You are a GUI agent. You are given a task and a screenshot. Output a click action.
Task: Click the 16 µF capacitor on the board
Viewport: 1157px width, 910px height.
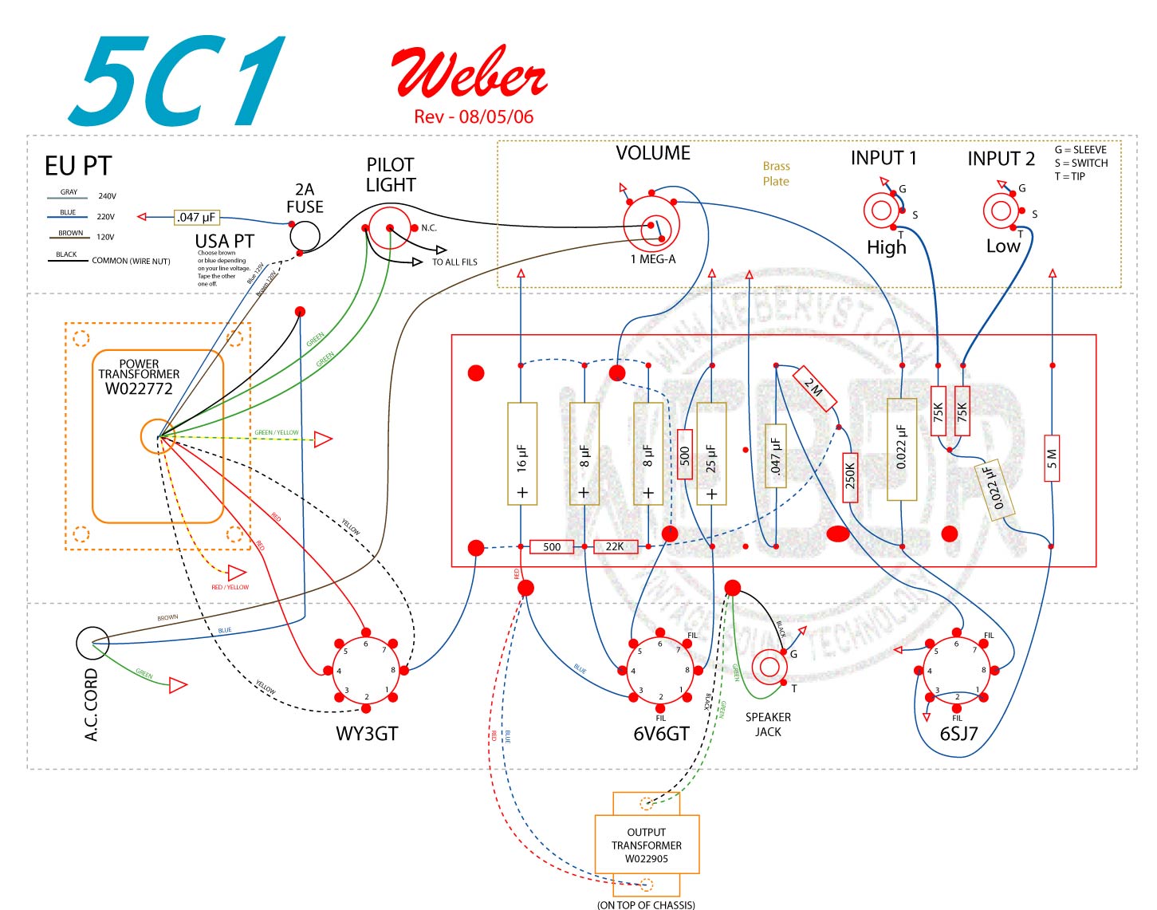522,454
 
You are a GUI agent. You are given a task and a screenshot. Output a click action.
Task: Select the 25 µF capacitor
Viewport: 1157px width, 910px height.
711,454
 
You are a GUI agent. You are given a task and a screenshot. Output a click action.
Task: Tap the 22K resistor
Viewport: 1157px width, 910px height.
615,547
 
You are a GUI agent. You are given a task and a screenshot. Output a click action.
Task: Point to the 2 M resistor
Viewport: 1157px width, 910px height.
813,388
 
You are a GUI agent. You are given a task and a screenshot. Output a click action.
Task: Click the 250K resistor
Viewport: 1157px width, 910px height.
850,477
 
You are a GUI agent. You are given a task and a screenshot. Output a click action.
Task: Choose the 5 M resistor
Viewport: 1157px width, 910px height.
1052,459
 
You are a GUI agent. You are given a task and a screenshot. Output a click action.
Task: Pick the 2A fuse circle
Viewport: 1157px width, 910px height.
305,236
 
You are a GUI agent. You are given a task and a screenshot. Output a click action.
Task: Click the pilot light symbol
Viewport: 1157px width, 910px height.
390,228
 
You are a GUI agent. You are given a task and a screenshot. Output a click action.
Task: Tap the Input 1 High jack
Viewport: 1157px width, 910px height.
882,211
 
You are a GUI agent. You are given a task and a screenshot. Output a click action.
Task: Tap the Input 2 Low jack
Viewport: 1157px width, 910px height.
1001,211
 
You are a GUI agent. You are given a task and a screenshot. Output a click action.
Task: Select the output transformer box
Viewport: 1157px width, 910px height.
647,845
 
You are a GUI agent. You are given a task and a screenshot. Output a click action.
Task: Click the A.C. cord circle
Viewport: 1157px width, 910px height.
92,643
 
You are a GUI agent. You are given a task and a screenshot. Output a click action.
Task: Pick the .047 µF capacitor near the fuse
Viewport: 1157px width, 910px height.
197,217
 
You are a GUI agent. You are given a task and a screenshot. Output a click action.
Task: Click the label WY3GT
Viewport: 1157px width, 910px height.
367,734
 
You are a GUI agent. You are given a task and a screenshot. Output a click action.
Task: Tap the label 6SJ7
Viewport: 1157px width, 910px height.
958,734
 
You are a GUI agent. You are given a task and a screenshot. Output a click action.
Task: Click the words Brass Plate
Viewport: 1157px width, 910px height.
776,174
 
